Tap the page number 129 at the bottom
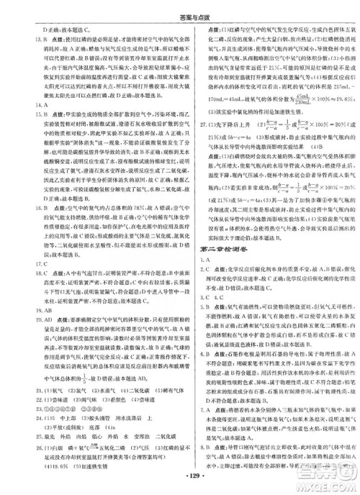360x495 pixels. point(180,477)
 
